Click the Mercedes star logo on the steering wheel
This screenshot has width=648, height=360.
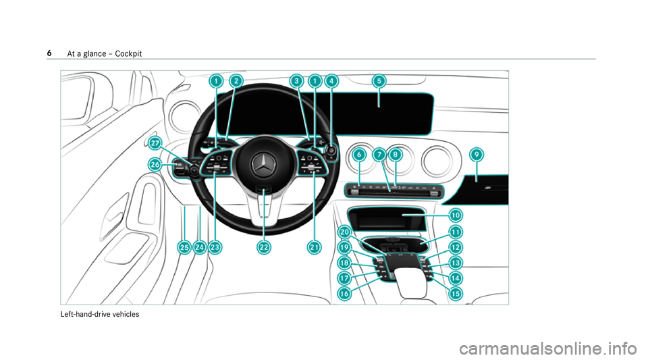point(263,165)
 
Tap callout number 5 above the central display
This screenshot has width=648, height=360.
point(379,80)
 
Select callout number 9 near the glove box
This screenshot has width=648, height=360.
point(477,155)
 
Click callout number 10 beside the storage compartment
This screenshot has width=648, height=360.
point(455,215)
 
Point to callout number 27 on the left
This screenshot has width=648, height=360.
point(155,143)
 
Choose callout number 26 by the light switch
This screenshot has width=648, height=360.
point(155,165)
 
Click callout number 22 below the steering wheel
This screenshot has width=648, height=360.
point(264,247)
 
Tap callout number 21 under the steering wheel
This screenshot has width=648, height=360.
point(314,247)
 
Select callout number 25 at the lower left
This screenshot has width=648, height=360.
point(184,247)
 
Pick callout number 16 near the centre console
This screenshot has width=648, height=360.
point(344,293)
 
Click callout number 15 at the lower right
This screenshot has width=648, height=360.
point(455,293)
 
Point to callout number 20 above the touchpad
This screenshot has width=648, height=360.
point(344,232)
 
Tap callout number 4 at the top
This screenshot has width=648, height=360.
point(331,80)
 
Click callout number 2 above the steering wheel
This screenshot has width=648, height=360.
point(236,80)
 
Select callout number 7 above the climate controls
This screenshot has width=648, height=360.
point(379,155)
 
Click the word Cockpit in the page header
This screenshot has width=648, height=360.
point(128,54)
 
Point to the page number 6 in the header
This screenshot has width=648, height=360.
point(49,53)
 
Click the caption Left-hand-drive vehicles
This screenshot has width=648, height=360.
point(100,314)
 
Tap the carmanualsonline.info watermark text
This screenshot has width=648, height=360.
point(547,349)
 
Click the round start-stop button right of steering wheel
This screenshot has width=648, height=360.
point(331,150)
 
